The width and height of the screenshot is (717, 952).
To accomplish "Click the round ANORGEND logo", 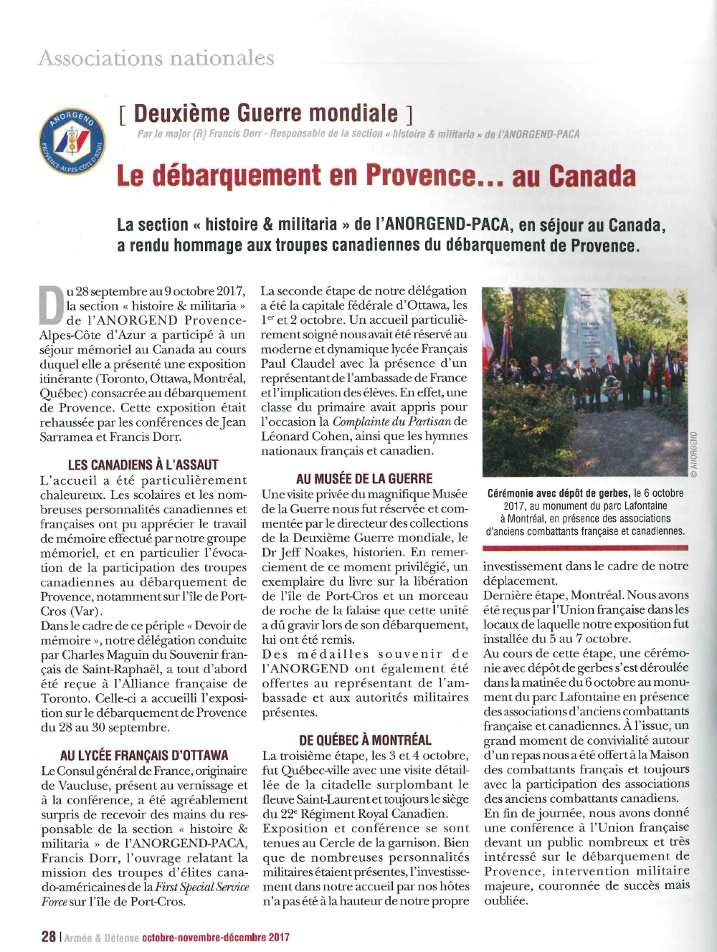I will click(72, 141).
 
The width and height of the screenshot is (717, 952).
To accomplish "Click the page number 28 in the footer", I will click(49, 936).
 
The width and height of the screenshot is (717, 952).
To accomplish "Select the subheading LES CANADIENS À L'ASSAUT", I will click(143, 465).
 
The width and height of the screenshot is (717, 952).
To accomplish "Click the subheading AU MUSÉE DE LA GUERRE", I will click(364, 478).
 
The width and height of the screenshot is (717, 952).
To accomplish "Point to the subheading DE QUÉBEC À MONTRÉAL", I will click(365, 740).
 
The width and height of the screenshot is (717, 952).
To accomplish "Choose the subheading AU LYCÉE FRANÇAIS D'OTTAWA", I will click(144, 755).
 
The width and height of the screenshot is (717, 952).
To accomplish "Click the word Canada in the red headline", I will click(592, 176).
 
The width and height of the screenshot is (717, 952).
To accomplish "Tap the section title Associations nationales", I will click(156, 57).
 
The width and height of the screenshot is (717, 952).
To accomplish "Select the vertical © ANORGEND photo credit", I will click(693, 454).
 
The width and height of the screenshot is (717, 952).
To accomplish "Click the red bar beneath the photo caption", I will click(585, 548).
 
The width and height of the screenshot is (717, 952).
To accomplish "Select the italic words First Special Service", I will click(202, 887).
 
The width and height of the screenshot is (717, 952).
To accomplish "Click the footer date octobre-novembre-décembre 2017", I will click(216, 937).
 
